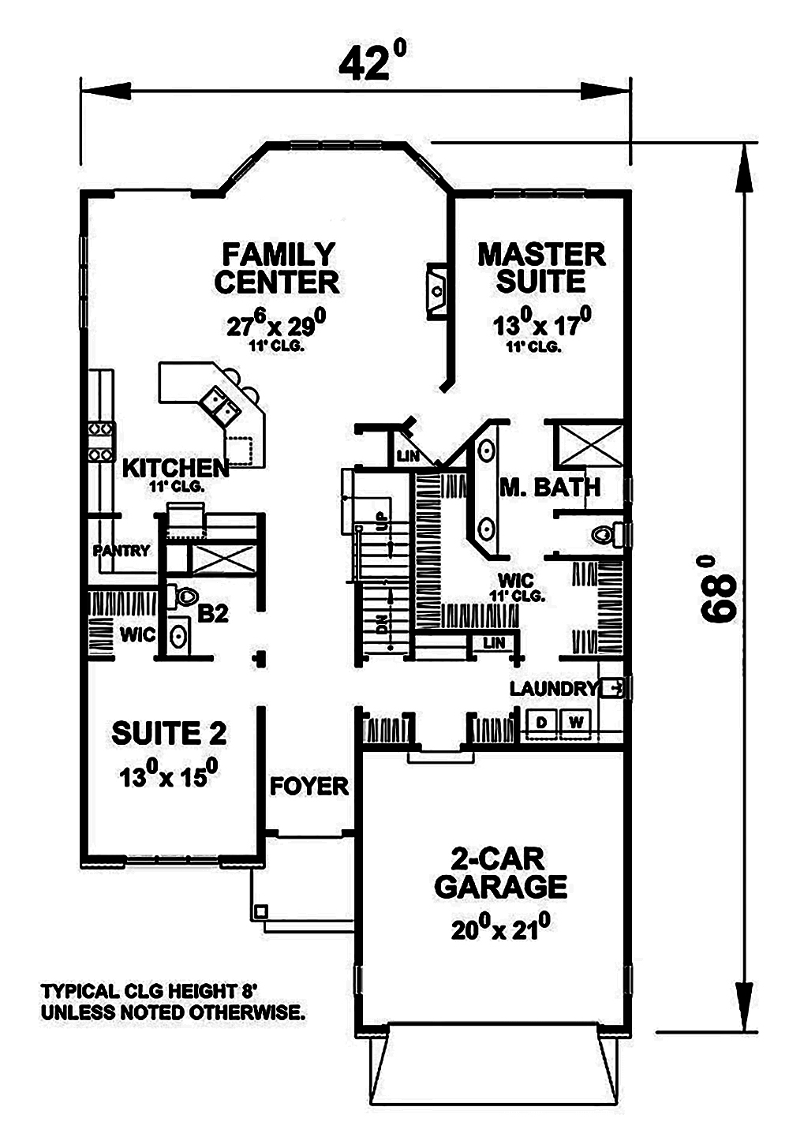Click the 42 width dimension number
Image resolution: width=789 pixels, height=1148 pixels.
[x=372, y=64]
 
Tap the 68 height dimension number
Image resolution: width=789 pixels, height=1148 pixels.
[x=719, y=589]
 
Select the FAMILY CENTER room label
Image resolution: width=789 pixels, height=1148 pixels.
[x=277, y=268]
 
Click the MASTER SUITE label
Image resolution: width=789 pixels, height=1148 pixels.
[x=541, y=267]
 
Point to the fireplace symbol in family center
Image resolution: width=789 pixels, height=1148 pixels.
[x=436, y=290]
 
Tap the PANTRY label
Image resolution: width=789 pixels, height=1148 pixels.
[x=121, y=550]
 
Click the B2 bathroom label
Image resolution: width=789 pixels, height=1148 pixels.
[x=213, y=613]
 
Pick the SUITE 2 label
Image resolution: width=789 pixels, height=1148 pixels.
[x=169, y=733]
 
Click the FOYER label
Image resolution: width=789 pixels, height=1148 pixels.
[x=308, y=786]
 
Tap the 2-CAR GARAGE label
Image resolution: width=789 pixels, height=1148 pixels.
[x=500, y=873]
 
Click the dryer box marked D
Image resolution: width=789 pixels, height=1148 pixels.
[x=542, y=721]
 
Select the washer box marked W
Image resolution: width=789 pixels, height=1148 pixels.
[x=576, y=721]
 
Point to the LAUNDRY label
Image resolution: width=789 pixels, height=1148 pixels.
[x=552, y=688]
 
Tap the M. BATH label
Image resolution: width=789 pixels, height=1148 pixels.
[x=550, y=487]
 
